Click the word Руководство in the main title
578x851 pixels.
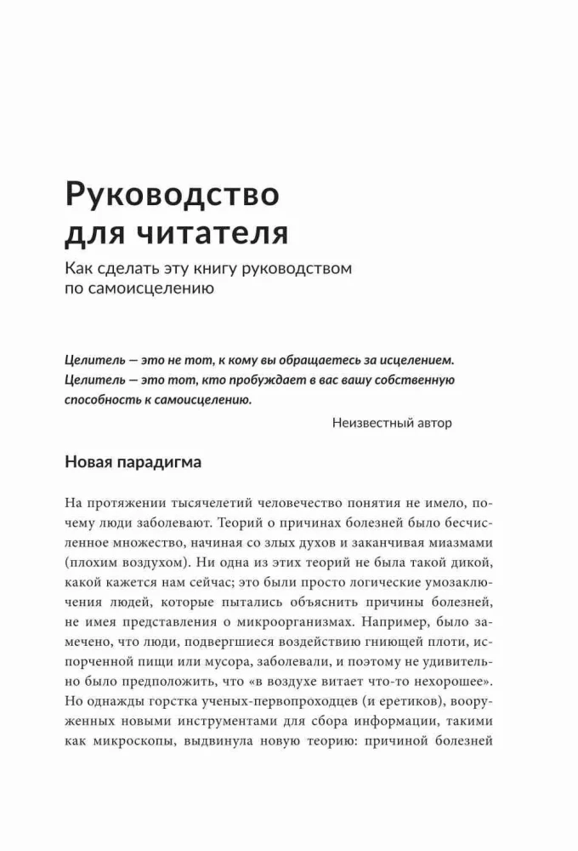coord(173,195)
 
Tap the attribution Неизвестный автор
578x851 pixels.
coord(392,422)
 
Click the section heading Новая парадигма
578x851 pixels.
coord(133,463)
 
